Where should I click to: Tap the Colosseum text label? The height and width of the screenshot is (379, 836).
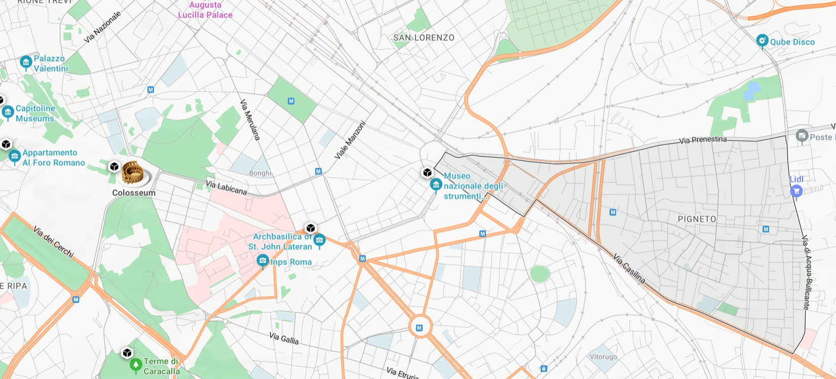134,193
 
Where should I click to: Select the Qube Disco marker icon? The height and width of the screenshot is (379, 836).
762,41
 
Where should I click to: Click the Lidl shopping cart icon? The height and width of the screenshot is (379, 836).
796,191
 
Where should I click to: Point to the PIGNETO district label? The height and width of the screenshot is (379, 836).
697,219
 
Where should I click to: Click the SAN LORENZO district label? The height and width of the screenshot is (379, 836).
424,37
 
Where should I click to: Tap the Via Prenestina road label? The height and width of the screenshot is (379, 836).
703,139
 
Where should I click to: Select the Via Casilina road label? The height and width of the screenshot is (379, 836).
629,269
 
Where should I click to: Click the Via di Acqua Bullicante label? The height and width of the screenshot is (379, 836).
806,272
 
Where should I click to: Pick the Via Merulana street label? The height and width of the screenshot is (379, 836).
250,120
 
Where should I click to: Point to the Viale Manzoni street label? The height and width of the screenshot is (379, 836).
350,140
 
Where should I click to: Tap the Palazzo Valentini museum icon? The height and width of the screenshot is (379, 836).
26,62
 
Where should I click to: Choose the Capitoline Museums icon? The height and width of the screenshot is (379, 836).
8,112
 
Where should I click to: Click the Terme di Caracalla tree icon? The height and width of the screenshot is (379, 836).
135,364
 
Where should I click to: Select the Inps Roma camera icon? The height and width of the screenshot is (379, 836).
262,261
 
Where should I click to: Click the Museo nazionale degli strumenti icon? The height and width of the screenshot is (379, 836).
436,185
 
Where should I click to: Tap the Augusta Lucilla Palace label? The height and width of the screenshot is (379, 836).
205,10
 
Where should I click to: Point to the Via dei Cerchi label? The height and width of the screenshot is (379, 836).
53,241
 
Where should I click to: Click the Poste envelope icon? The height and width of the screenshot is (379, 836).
802,136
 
